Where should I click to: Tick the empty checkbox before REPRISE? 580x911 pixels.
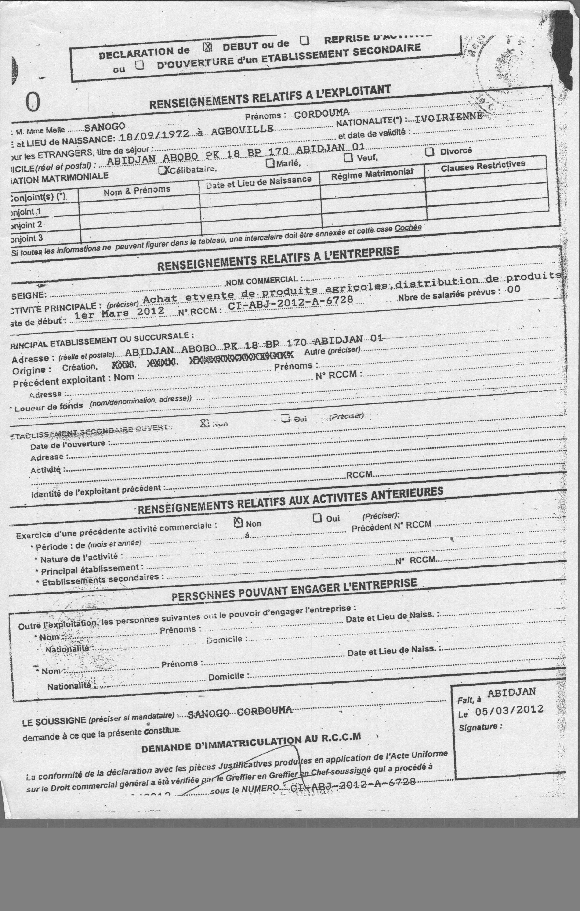pyautogui.click(x=305, y=40)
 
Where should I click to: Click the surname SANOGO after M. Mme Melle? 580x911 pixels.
pyautogui.click(x=105, y=127)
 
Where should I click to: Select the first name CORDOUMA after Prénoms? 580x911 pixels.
pyautogui.click(x=321, y=114)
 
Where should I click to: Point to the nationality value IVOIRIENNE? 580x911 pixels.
pyautogui.click(x=449, y=118)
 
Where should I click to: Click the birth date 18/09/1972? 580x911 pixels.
pyautogui.click(x=154, y=136)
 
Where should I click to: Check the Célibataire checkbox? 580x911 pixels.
pyautogui.click(x=163, y=170)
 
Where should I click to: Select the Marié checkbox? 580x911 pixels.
pyautogui.click(x=270, y=163)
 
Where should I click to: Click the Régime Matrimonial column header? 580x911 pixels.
pyautogui.click(x=372, y=174)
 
